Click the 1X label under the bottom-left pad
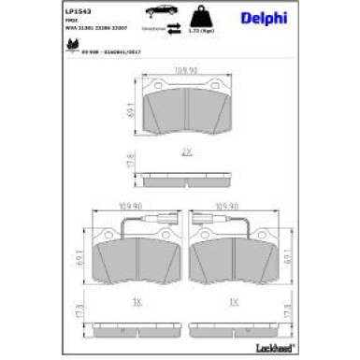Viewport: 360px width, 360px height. [x=138, y=304]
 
